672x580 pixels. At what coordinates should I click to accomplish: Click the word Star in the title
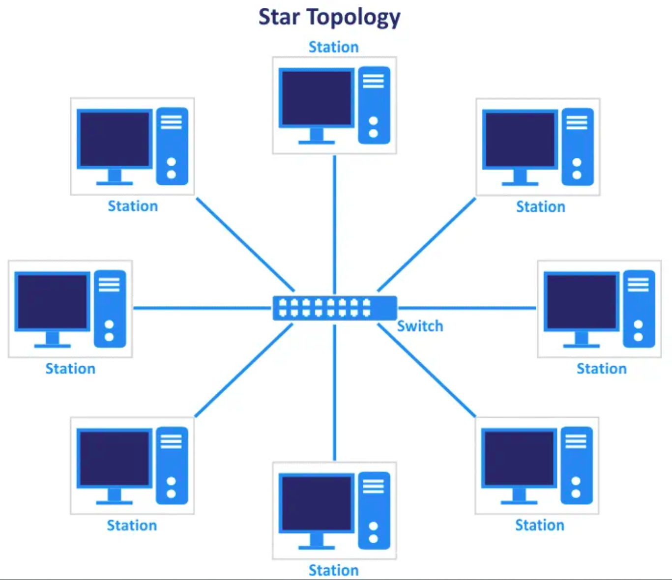(x=279, y=17)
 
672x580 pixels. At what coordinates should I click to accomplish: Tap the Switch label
(x=420, y=326)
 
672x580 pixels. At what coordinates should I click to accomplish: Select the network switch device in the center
(x=335, y=308)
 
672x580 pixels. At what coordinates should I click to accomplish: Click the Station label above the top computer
(x=334, y=47)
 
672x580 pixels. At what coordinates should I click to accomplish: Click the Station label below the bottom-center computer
(x=334, y=570)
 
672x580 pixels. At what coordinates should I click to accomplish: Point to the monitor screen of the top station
(x=316, y=98)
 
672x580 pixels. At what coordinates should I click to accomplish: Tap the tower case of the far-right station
(x=639, y=309)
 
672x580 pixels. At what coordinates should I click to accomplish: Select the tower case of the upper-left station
(x=172, y=146)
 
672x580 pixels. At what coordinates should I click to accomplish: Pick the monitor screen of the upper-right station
(x=520, y=140)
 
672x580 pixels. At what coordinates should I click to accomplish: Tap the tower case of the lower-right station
(x=577, y=465)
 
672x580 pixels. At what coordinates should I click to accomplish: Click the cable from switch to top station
(x=335, y=224)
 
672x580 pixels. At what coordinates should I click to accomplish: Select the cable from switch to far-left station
(x=202, y=308)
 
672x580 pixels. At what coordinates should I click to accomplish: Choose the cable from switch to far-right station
(x=467, y=308)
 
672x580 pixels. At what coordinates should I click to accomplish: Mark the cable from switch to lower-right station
(x=426, y=370)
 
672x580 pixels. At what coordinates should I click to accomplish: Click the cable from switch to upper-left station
(x=245, y=244)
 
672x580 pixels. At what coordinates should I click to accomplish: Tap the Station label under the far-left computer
(x=70, y=369)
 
